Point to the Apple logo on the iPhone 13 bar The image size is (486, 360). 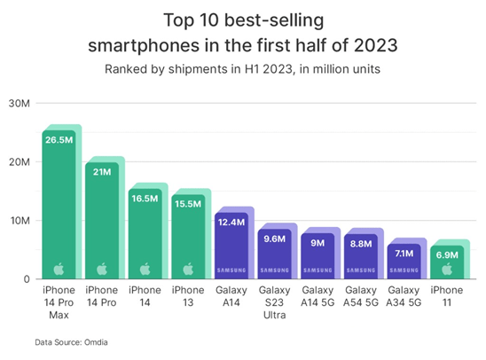[187, 269]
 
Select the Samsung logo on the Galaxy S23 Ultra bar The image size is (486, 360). [274, 270]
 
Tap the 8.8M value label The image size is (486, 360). [361, 241]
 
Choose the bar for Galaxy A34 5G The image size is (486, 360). [404, 262]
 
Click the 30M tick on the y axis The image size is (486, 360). [20, 104]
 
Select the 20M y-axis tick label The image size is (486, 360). [20, 162]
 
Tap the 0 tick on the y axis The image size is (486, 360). [26, 279]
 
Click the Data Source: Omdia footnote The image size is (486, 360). [70, 340]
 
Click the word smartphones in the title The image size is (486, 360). [169, 43]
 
